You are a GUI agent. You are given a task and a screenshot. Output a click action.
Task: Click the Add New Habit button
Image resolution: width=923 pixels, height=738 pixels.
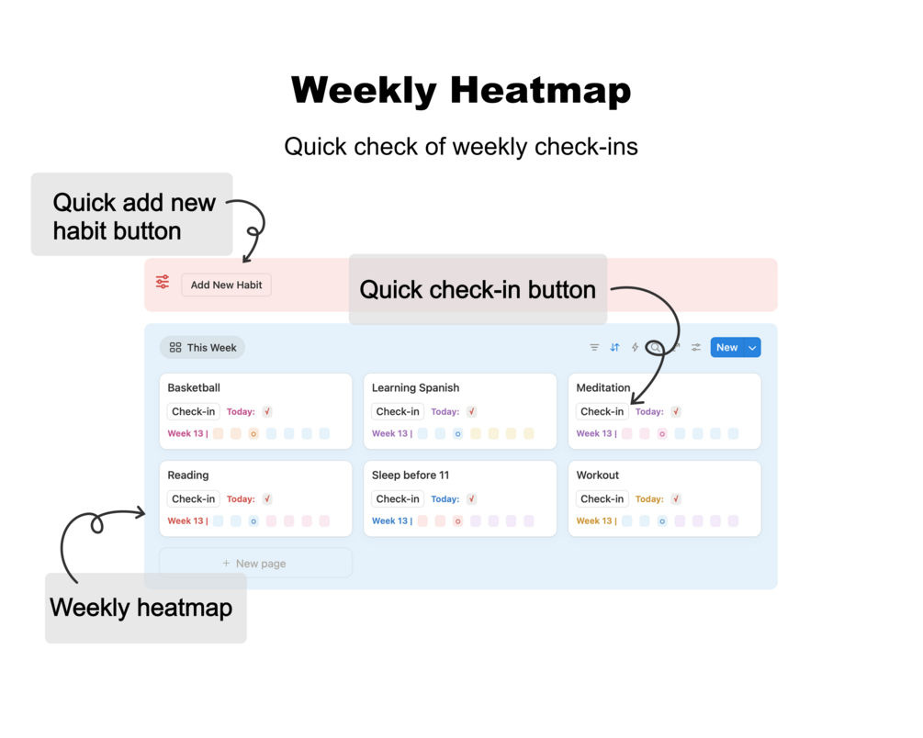coord(226,285)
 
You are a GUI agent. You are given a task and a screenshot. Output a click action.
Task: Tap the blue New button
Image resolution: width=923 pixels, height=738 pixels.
coord(727,347)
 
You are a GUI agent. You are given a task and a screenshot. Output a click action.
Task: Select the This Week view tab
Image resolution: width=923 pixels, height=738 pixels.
coord(202,347)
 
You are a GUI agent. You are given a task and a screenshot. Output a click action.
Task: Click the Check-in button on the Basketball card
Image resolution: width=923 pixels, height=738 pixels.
coord(193,411)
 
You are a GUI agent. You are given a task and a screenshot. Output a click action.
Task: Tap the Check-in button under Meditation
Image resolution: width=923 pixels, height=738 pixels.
coord(602,411)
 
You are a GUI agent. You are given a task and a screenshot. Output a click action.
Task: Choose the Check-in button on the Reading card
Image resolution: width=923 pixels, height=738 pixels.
coord(193,498)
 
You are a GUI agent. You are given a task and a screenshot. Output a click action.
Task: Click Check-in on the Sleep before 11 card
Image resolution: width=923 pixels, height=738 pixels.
coord(398,498)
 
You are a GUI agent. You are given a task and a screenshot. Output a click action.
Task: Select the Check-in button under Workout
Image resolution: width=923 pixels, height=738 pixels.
coord(602,498)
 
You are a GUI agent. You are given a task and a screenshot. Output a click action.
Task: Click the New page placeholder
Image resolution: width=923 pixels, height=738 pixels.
coord(255,564)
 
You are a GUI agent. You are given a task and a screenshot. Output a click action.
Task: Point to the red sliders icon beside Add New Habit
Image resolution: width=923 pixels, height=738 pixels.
coord(163,282)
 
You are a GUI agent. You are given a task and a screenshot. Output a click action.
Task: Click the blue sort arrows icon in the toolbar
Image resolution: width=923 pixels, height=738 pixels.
coord(614,347)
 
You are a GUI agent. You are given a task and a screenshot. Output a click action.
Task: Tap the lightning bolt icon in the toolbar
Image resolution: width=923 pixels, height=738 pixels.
coord(635,347)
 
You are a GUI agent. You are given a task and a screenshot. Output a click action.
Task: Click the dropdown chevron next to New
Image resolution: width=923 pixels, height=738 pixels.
coord(752,347)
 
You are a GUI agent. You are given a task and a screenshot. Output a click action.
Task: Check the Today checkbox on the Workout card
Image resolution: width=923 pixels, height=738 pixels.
coord(676,498)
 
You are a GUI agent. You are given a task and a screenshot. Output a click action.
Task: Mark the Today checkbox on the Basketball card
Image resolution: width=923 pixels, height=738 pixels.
coord(267,411)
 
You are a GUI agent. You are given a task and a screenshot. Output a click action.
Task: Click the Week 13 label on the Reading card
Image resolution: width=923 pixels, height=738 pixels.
coord(186,520)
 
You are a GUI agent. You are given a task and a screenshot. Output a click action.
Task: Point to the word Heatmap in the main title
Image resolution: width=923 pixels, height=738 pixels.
coord(540,90)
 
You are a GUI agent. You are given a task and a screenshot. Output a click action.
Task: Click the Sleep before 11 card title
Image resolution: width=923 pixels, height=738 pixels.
coord(411,475)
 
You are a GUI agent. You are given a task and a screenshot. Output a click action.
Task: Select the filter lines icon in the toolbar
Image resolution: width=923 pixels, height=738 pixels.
coord(594,347)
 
